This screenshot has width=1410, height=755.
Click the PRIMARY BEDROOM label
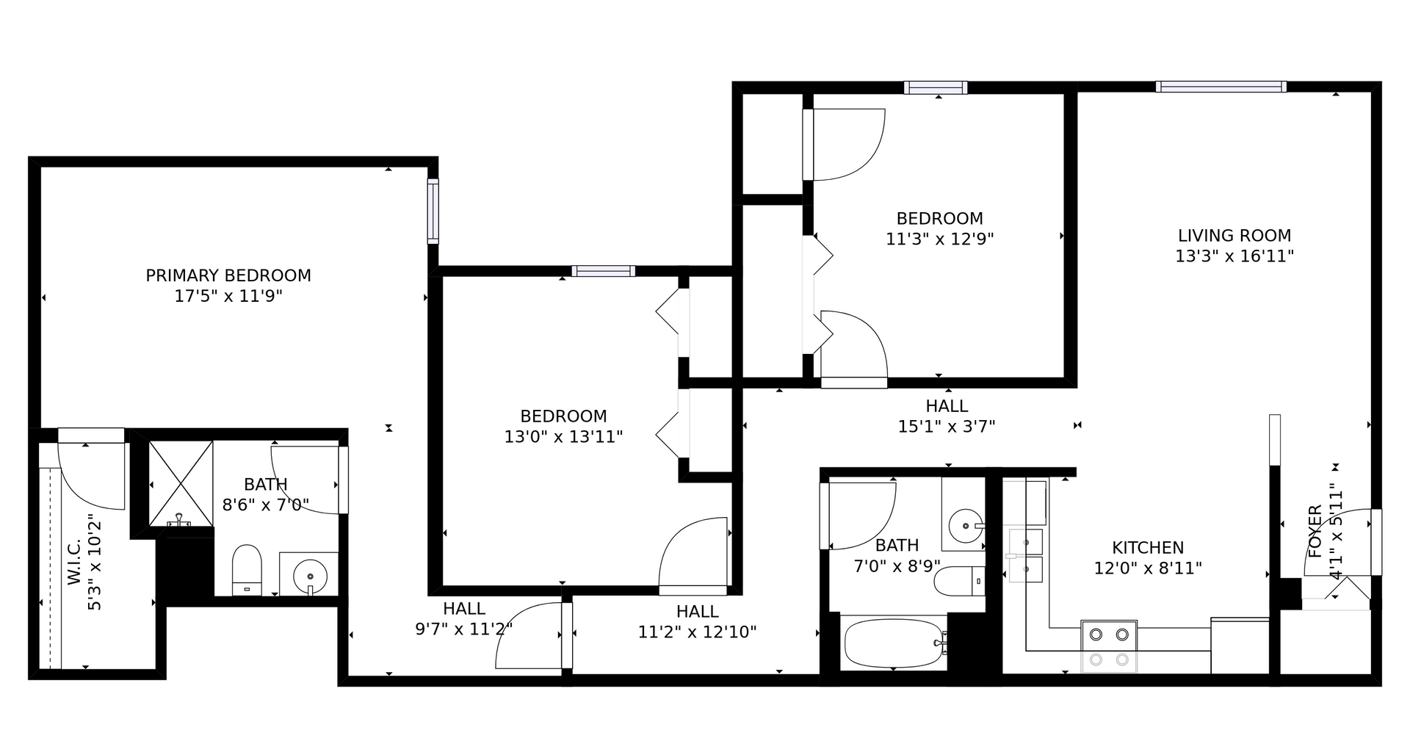click(228, 275)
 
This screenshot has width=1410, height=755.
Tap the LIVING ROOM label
click(1234, 236)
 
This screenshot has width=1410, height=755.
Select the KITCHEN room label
click(1148, 548)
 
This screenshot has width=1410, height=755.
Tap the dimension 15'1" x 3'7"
click(947, 427)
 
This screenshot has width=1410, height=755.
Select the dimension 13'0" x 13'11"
click(563, 437)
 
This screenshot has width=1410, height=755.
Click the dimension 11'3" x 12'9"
click(940, 239)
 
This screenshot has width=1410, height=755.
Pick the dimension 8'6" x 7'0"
click(266, 505)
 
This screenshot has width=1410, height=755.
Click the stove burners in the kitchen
click(1109, 646)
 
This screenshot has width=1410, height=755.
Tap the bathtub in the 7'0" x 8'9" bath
click(894, 643)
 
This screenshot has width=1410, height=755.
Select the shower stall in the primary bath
click(181, 483)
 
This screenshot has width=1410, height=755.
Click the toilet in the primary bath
click(247, 570)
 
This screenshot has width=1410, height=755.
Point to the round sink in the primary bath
click(309, 574)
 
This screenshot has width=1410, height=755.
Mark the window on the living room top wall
click(1221, 87)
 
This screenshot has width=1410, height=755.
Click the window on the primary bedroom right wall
click(433, 212)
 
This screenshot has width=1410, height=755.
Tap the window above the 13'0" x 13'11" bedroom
click(604, 271)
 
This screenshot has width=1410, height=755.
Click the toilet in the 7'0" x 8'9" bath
click(959, 581)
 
